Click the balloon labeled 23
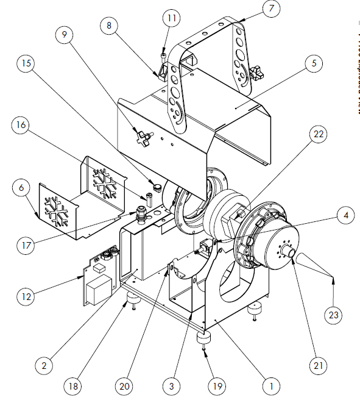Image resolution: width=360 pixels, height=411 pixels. coord(333,315)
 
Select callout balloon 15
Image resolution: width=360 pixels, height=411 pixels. coord(26,63)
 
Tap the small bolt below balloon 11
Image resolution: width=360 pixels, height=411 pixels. coord(164,57)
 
